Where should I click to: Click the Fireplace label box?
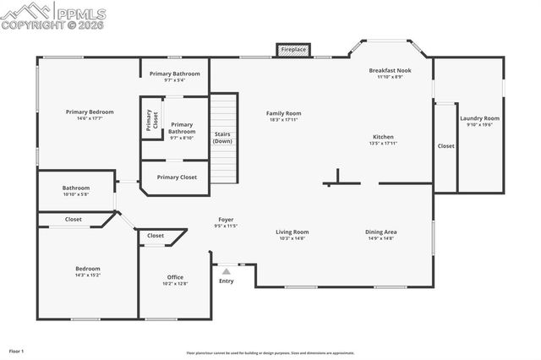click(x=294, y=51)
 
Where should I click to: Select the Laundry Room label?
click(x=479, y=118)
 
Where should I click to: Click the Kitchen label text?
click(x=383, y=137)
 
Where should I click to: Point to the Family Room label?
click(x=284, y=113)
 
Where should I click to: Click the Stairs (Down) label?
click(x=222, y=137)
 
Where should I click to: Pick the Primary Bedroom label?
click(x=90, y=112)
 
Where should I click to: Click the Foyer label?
click(x=226, y=220)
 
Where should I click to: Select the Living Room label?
click(x=292, y=232)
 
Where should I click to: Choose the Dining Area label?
click(x=381, y=232)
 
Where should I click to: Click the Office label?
click(x=175, y=277)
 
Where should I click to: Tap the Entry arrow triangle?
click(x=226, y=272)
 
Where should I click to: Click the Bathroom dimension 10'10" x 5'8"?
click(x=75, y=194)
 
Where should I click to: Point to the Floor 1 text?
click(x=17, y=351)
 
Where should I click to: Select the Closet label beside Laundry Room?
click(x=445, y=145)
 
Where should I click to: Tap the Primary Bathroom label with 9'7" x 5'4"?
click(x=175, y=74)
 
